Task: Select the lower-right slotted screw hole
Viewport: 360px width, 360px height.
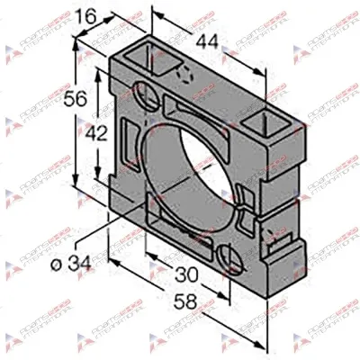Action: (x=231, y=265)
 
